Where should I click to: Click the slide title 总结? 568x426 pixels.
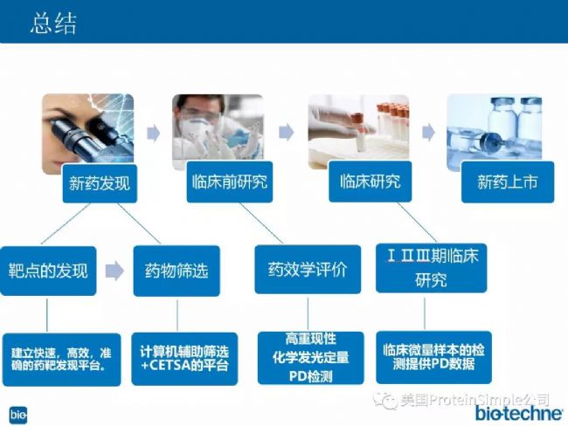[x=53, y=24]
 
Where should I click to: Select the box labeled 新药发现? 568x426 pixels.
[x=100, y=183]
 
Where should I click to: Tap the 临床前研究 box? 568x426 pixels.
[x=230, y=182]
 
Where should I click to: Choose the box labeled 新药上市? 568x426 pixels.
[x=508, y=182]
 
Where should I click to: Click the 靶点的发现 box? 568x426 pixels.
[x=48, y=271]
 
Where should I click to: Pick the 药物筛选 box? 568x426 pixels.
[x=177, y=271]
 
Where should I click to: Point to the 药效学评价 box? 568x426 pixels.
[x=308, y=269]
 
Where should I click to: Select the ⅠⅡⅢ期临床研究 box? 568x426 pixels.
[x=431, y=268]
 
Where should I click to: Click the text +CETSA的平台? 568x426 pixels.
[x=184, y=366]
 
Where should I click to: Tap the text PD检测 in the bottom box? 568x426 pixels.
[x=310, y=377]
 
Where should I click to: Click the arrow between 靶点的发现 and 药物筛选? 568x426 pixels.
[x=114, y=271]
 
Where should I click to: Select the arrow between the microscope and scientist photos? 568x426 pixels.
[x=153, y=133]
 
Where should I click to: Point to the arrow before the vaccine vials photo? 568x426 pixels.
[x=428, y=132]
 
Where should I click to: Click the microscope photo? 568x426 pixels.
[x=88, y=134]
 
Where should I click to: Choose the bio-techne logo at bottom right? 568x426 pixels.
[x=519, y=413]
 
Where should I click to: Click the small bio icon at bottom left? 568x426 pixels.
[x=18, y=415]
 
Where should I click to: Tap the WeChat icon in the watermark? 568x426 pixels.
[x=385, y=400]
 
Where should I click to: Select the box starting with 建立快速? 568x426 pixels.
[x=61, y=360]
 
